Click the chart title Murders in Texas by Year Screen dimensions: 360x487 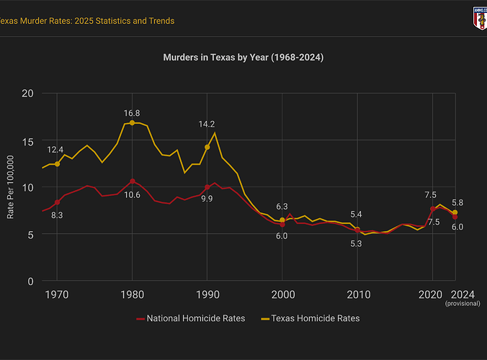click(243, 56)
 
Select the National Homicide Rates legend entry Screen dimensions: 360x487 click(190, 318)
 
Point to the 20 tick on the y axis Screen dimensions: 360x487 click(28, 94)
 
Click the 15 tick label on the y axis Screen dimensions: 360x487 click(28, 140)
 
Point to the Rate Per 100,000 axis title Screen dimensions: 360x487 click(10, 187)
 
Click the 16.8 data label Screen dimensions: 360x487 click(132, 113)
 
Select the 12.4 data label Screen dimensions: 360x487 click(55, 150)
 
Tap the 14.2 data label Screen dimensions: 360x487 click(207, 125)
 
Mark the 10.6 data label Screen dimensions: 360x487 click(132, 195)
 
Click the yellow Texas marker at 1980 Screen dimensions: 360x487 click(132, 122)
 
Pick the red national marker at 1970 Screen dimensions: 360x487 click(57, 202)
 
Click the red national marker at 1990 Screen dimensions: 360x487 click(207, 187)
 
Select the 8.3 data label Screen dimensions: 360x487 click(57, 215)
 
